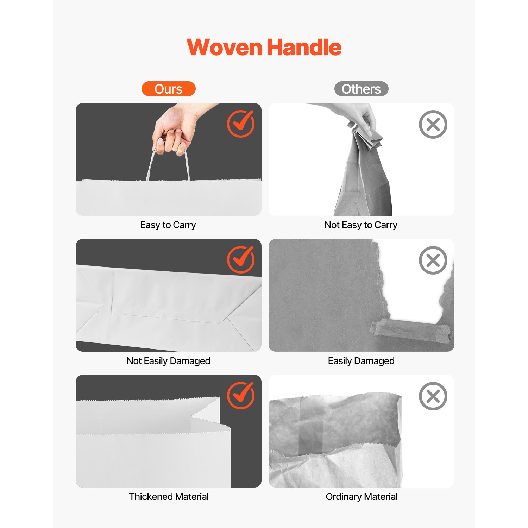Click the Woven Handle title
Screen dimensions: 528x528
[x=264, y=48]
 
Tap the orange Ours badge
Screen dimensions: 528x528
[x=168, y=89]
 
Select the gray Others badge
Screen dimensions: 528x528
[x=361, y=89]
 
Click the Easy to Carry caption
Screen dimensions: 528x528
[x=168, y=225]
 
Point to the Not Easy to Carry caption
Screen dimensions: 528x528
[x=361, y=225]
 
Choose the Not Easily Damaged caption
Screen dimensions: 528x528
[x=168, y=361]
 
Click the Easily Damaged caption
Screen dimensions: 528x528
[x=361, y=361]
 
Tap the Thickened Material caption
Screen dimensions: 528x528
[x=169, y=497]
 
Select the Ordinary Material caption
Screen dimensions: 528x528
[x=362, y=497]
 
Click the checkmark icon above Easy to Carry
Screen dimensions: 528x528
[x=241, y=124]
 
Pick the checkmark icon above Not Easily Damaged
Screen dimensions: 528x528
[x=241, y=259]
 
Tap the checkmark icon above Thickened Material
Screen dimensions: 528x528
[x=241, y=395]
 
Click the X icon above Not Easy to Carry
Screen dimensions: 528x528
[x=433, y=124]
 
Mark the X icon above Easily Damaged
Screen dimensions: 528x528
[x=433, y=260]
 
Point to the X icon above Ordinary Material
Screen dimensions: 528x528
[x=433, y=396]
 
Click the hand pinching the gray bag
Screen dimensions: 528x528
[x=352, y=116]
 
